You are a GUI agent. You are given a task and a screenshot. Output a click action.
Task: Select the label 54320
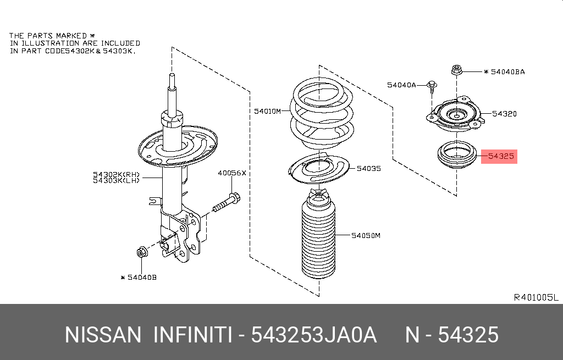504,114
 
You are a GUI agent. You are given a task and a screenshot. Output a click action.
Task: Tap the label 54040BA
507,71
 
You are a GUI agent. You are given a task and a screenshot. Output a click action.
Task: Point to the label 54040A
401,85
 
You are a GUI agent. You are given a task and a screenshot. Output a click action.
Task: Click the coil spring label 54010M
267,111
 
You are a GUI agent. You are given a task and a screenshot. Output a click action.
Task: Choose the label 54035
368,169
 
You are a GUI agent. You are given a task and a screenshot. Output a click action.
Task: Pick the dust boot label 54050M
366,236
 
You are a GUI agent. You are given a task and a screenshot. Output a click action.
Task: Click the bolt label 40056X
232,173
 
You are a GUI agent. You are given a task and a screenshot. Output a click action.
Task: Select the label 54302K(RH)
117,175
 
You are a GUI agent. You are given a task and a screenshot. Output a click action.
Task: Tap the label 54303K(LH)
117,181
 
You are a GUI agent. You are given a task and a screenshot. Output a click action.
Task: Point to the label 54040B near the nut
142,278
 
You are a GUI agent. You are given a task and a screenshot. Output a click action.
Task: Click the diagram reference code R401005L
536,297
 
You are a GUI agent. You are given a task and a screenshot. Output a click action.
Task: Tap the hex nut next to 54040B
140,253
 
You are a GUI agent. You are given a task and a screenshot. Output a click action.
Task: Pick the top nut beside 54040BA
456,70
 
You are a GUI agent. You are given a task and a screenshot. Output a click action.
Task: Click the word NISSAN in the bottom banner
102,335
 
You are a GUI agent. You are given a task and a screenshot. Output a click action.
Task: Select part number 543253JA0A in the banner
313,335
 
